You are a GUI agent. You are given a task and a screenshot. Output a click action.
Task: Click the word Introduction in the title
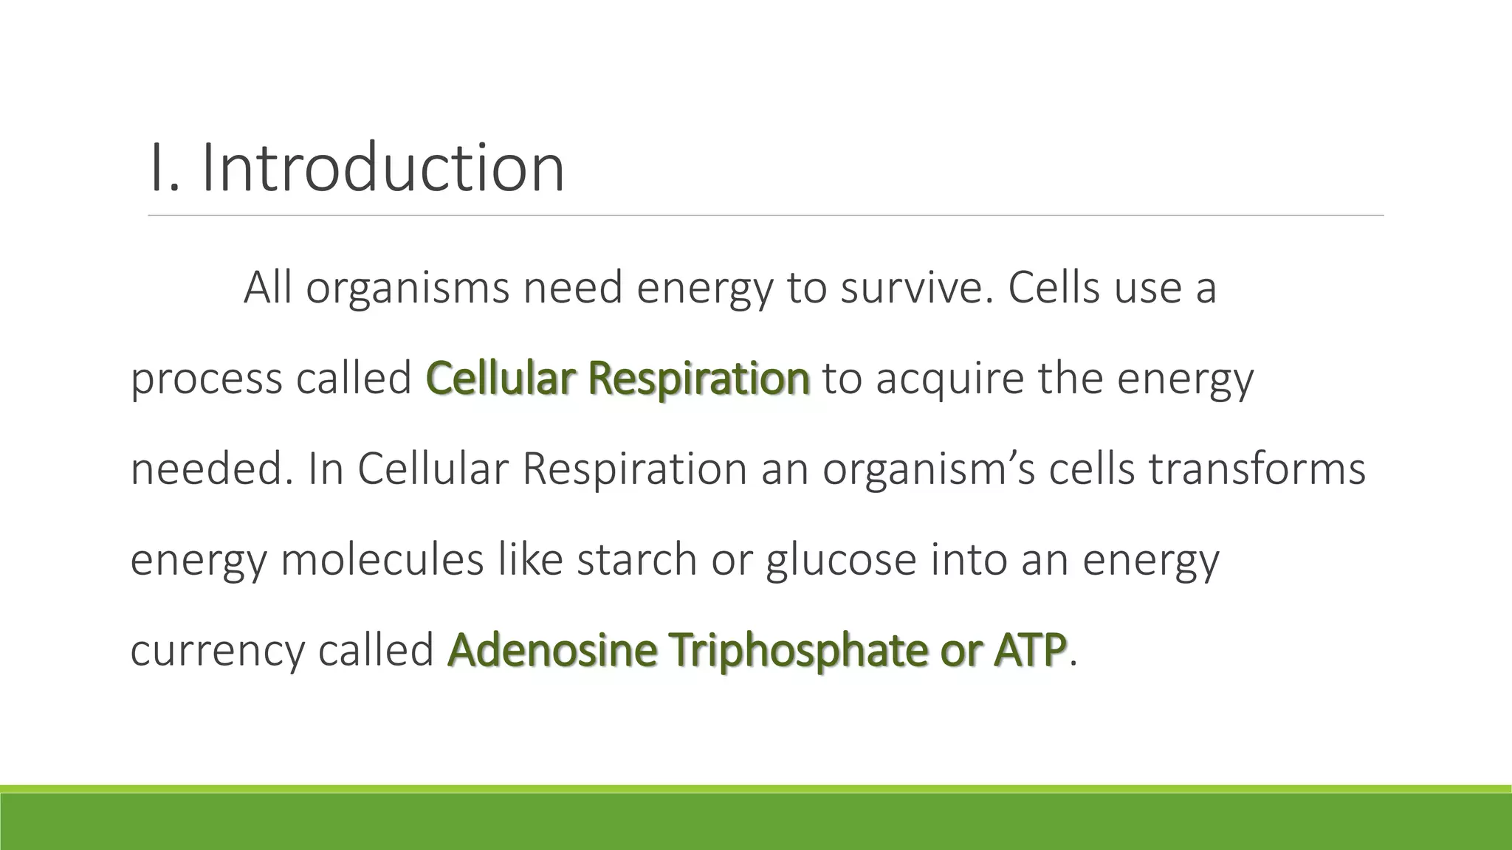click(382, 168)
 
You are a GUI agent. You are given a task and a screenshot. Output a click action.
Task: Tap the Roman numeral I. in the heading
click(164, 168)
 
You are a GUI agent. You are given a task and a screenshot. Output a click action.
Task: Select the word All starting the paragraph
click(268, 287)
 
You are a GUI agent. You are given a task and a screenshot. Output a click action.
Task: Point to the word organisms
click(408, 288)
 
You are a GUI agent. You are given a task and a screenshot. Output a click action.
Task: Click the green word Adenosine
click(551, 650)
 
